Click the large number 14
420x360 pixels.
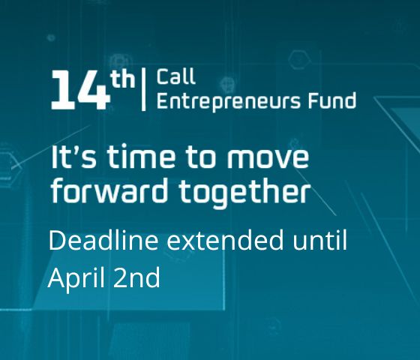(x=80, y=90)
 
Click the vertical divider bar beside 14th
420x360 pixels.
(x=143, y=89)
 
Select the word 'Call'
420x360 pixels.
(x=176, y=76)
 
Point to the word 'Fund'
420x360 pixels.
(x=332, y=100)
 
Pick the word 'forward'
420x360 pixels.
(x=109, y=190)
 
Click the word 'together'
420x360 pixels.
(x=244, y=193)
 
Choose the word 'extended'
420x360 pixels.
(x=225, y=240)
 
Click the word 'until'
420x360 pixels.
(x=319, y=240)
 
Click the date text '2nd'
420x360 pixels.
(x=136, y=277)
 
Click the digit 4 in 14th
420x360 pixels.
(x=94, y=90)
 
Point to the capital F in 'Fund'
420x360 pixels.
(x=313, y=100)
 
